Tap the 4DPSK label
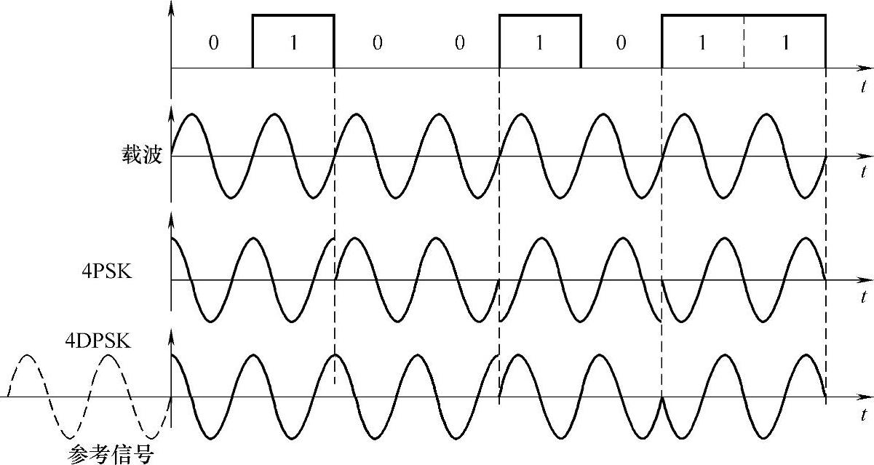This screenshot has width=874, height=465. point(98,340)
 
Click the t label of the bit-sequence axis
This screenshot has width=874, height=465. point(862,86)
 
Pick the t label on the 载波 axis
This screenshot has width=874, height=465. point(862,172)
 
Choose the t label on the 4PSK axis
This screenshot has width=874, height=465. point(862,297)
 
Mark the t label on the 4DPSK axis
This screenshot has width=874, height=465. point(862,415)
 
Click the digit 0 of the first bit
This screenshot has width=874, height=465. point(212,43)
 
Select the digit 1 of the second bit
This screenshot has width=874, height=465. point(293,43)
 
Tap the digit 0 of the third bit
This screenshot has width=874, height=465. point(376,43)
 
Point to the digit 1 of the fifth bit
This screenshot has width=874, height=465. point(539,43)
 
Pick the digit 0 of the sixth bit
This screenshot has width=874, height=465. point(621,43)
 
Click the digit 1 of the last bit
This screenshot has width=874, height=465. point(784,43)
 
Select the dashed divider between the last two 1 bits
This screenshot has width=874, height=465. point(744,41)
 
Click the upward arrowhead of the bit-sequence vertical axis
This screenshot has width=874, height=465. point(171,7)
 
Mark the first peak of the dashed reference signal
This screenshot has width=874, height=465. point(27,356)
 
